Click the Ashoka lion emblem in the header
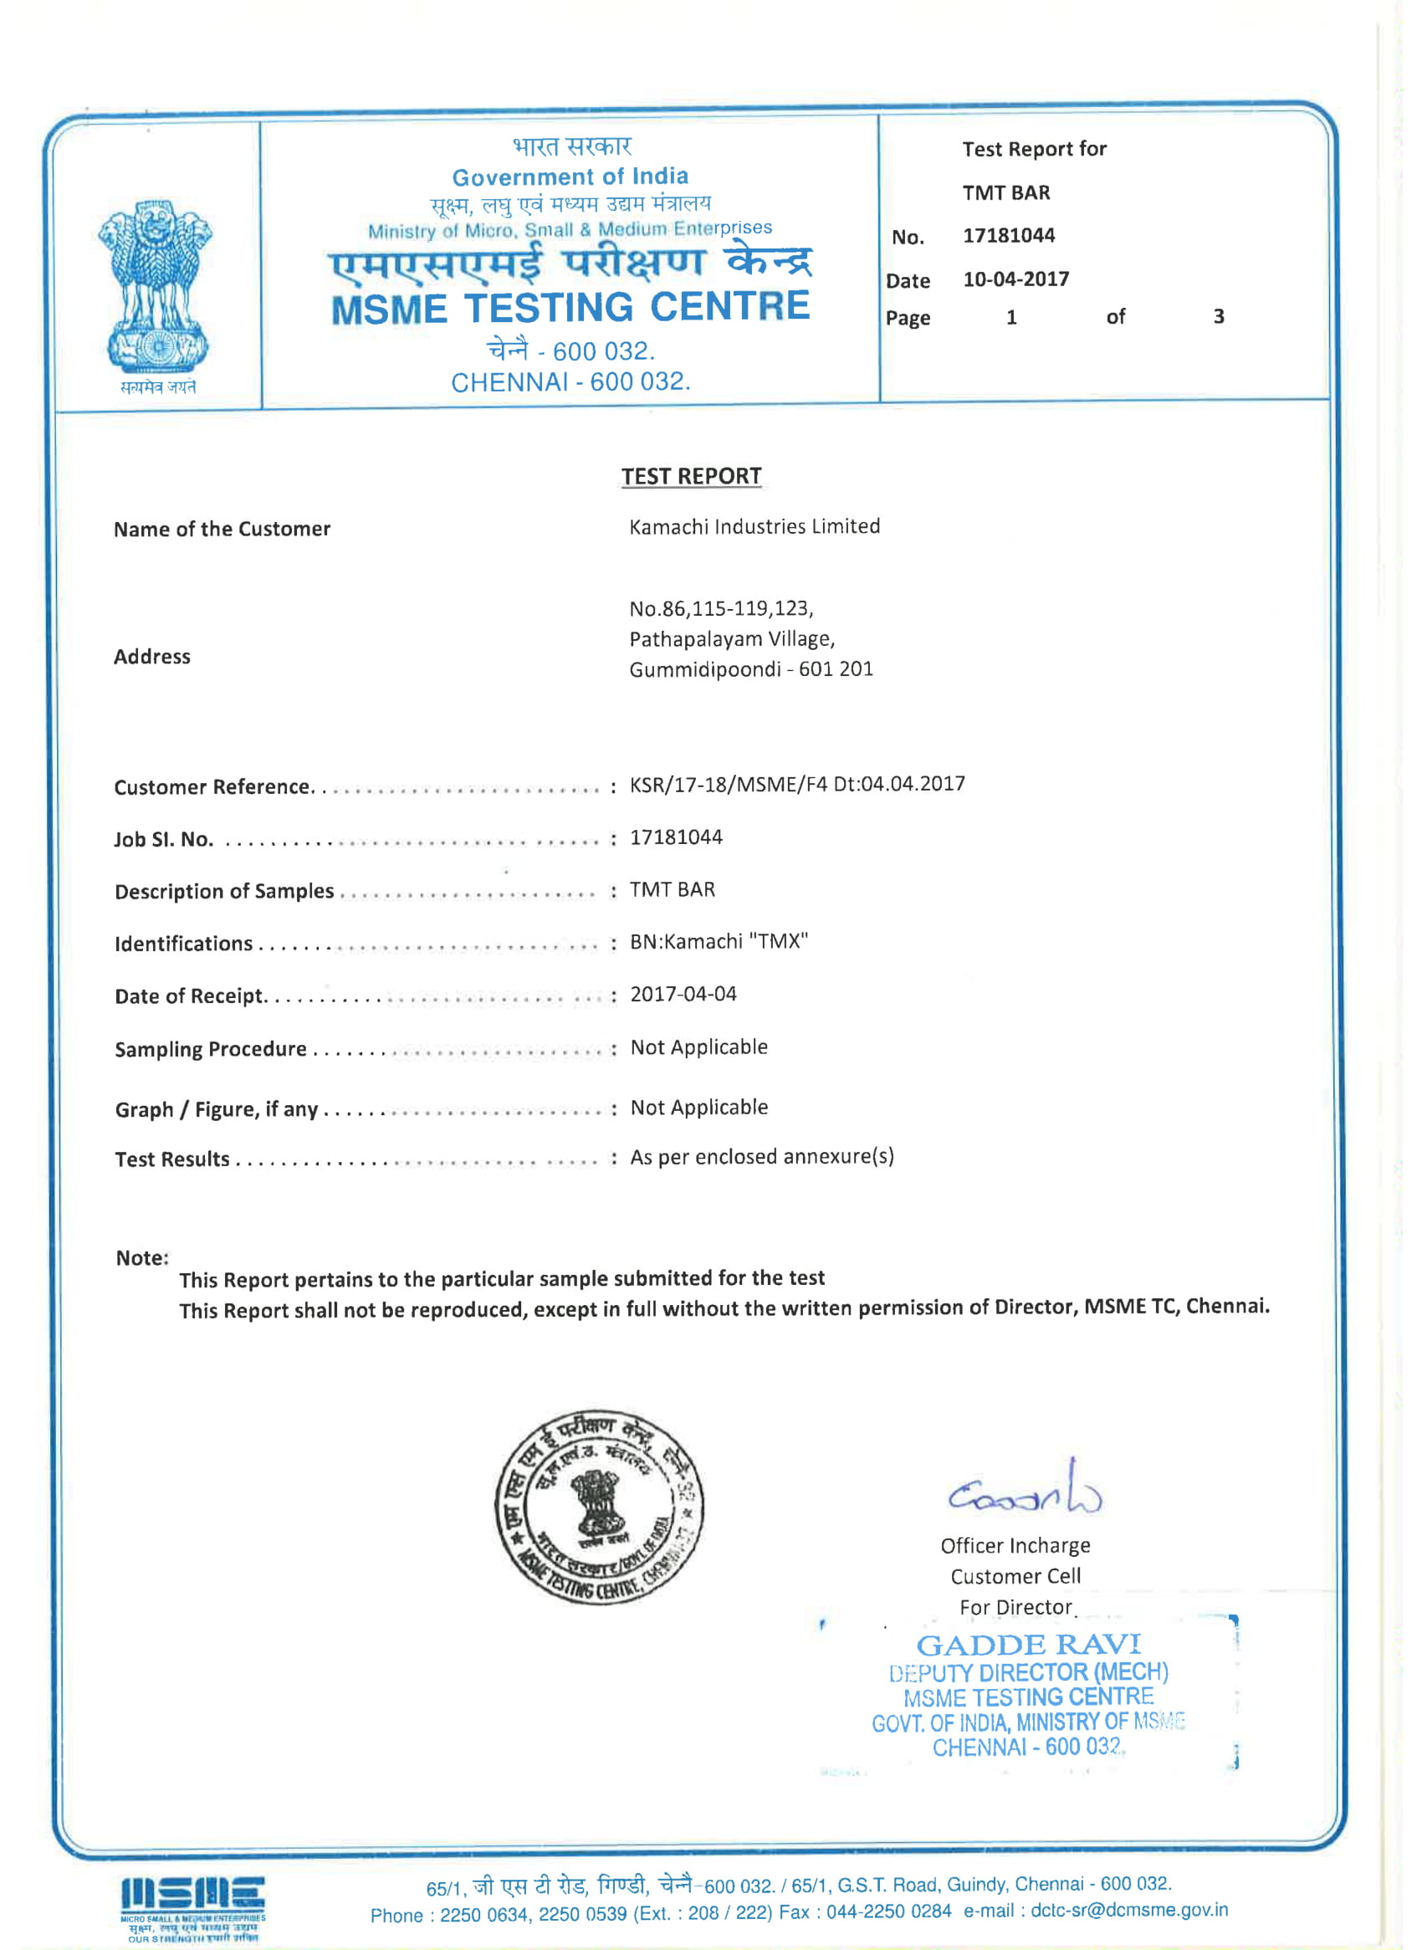point(156,289)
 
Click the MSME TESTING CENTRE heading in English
point(570,307)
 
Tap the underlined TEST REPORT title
point(691,476)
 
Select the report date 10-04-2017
point(1015,279)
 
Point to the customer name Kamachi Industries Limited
point(754,526)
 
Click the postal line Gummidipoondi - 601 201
point(750,669)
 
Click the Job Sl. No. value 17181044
point(676,837)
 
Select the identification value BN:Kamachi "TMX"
point(719,941)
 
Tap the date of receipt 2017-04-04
point(683,994)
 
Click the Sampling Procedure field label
point(211,1048)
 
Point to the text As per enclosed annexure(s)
point(762,1156)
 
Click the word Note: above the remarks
point(142,1258)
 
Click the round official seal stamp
point(599,1507)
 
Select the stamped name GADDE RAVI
point(1029,1645)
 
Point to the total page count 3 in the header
point(1219,317)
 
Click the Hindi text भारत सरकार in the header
point(571,147)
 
